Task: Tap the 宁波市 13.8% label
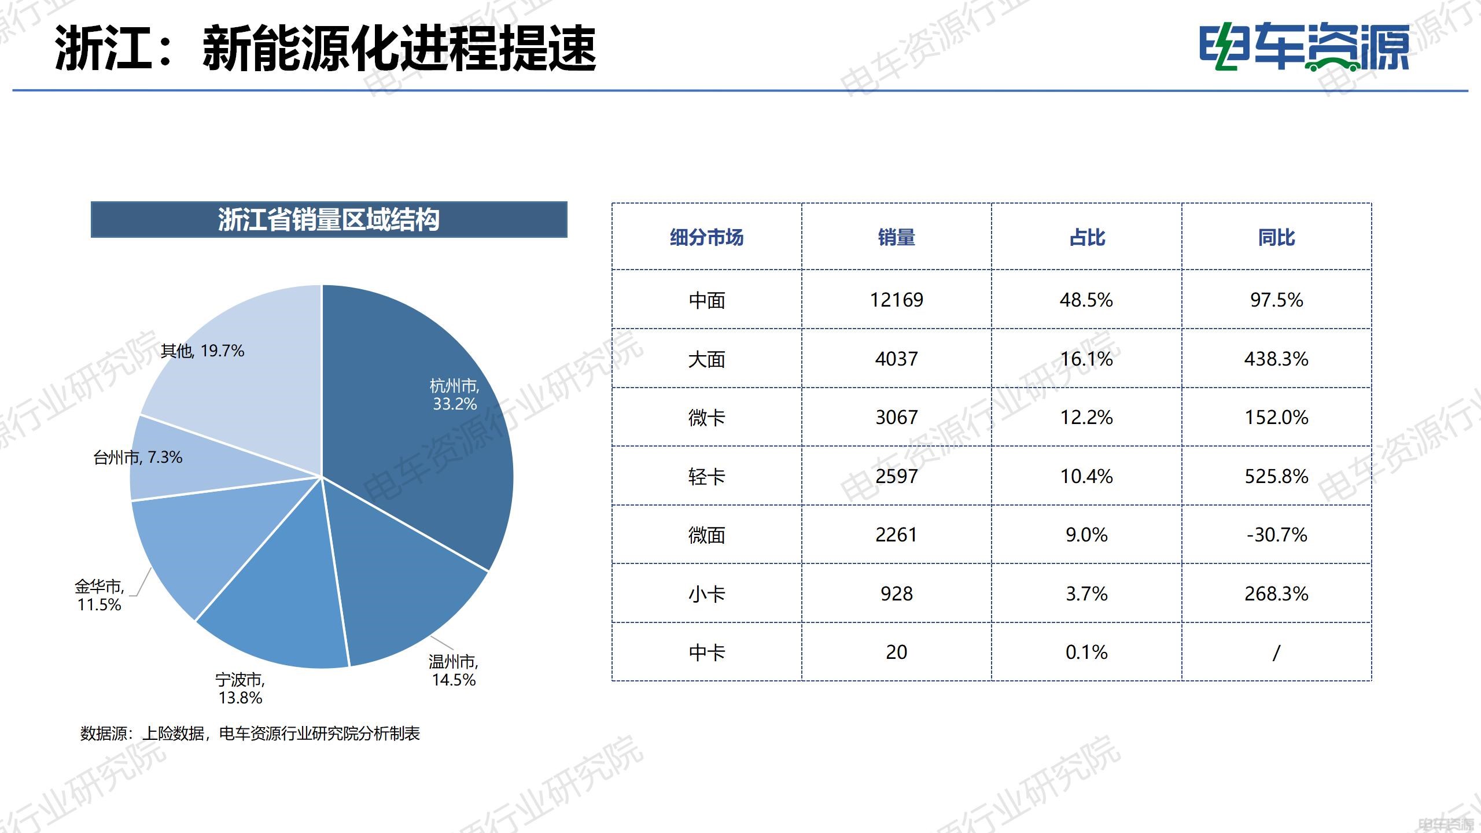tap(240, 688)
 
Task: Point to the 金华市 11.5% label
tap(99, 595)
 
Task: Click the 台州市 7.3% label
tap(138, 458)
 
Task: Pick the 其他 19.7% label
tap(202, 351)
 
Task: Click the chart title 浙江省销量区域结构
tap(329, 220)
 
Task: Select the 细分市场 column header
tap(706, 237)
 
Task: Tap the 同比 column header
tap(1276, 237)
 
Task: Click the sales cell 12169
tap(896, 300)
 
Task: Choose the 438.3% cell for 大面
tap(1276, 359)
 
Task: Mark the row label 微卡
tap(706, 418)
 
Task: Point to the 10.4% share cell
tap(1086, 477)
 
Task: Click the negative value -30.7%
tap(1276, 535)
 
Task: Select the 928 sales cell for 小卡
tap(896, 594)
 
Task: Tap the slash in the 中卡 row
tap(1276, 653)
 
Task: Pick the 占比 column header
tap(1086, 237)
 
